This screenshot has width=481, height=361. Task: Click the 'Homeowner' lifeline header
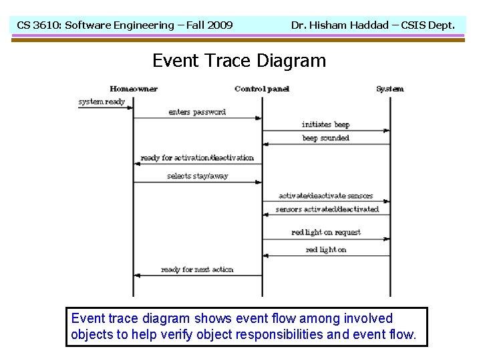[x=133, y=89]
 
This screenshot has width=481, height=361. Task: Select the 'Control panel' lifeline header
[x=263, y=89]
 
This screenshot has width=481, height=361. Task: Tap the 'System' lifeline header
[x=389, y=89]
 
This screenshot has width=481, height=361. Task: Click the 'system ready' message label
[x=102, y=102]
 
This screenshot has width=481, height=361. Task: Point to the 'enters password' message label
[x=197, y=112]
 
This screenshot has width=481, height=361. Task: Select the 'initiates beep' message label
[x=325, y=124]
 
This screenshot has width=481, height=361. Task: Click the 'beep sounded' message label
[x=325, y=138]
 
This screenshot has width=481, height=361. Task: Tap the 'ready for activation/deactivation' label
[x=197, y=158]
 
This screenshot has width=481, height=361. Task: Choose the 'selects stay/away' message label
[x=197, y=176]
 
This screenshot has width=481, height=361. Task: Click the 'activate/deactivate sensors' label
[x=325, y=196]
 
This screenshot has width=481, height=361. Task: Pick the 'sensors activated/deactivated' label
[x=327, y=209]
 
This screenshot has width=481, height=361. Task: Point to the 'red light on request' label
[x=325, y=233]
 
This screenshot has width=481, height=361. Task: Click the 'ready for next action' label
[x=197, y=269]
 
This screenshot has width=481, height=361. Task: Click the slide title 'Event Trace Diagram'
[x=239, y=61]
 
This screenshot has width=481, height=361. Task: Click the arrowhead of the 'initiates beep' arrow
[x=387, y=130]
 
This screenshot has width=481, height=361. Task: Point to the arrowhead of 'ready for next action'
[x=136, y=275]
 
